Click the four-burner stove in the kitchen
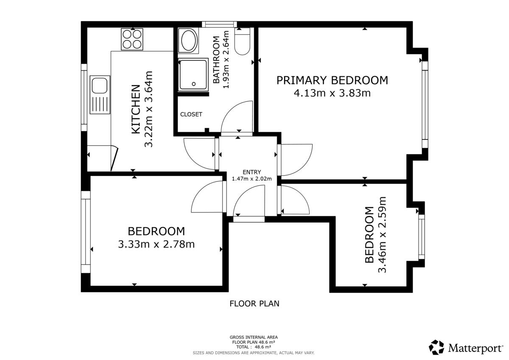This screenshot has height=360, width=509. pyautogui.click(x=132, y=39)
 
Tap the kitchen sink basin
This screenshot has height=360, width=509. pyautogui.click(x=100, y=85)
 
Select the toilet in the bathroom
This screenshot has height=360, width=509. pyautogui.click(x=243, y=41)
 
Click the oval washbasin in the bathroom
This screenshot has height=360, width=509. pyautogui.click(x=188, y=41)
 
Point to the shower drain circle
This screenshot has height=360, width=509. pyautogui.click(x=193, y=84)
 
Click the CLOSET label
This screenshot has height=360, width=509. pyautogui.click(x=191, y=114)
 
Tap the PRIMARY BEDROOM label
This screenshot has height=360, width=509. pyautogui.click(x=332, y=81)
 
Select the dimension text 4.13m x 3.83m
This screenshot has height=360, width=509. pyautogui.click(x=332, y=93)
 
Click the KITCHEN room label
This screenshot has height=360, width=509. pyautogui.click(x=136, y=109)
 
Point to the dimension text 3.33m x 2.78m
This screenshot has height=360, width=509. pyautogui.click(x=157, y=244)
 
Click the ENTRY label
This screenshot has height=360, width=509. pyautogui.click(x=252, y=172)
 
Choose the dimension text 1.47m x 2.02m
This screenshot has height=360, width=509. pyautogui.click(x=252, y=179)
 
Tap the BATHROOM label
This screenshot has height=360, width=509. pyautogui.click(x=216, y=60)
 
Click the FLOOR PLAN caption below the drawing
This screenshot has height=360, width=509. pyautogui.click(x=254, y=304)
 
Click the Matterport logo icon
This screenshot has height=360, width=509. pyautogui.click(x=436, y=347)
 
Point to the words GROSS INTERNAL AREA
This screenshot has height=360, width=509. pyautogui.click(x=254, y=337)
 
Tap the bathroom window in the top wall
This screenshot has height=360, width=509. pyautogui.click(x=219, y=24)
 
